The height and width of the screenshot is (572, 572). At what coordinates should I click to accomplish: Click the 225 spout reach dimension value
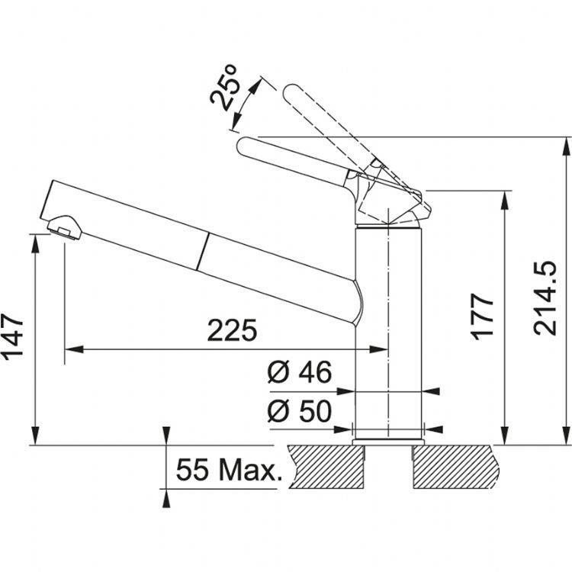click(233, 331)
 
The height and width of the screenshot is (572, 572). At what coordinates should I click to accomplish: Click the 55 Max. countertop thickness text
click(227, 469)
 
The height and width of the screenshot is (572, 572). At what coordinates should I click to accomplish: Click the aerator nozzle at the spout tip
click(63, 227)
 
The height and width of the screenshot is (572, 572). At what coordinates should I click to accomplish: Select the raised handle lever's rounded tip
click(291, 93)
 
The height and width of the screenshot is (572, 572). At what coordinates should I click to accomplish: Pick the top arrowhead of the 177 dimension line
click(504, 196)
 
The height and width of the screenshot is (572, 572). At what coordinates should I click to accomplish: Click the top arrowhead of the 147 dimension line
click(35, 239)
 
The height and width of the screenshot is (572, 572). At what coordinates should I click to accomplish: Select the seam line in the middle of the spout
click(204, 251)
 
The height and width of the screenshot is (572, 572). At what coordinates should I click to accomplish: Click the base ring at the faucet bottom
click(389, 440)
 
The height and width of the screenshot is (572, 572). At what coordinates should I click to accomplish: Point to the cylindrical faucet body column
click(389, 328)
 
